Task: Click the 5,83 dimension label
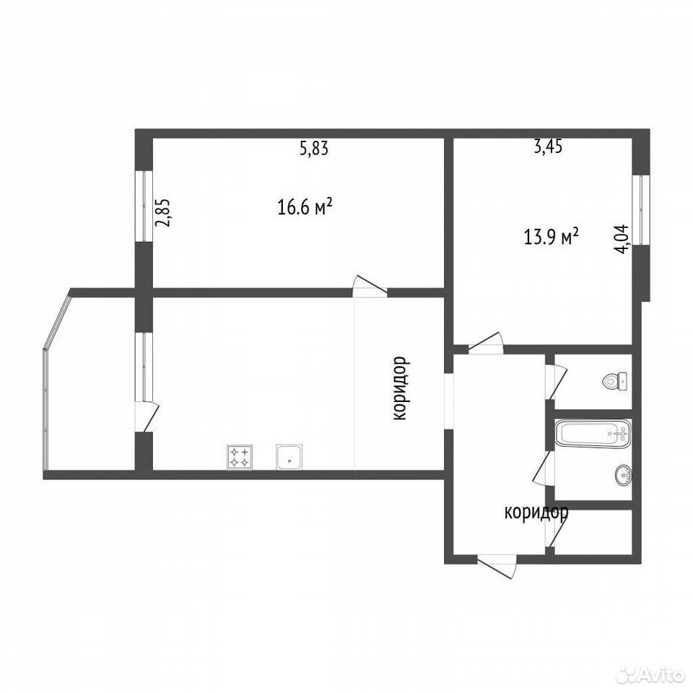click(314, 149)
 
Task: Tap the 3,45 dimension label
click(548, 147)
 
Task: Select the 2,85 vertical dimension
click(162, 213)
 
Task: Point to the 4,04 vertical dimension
click(622, 239)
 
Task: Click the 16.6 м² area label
click(305, 206)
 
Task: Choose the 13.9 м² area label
click(551, 237)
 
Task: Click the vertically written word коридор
click(401, 388)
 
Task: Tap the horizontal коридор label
click(536, 513)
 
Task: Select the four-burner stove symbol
click(240, 457)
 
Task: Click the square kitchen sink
click(289, 457)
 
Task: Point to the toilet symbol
click(615, 381)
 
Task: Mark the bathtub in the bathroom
click(593, 434)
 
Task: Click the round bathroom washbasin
click(623, 475)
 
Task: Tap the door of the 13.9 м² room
click(485, 343)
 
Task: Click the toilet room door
click(556, 383)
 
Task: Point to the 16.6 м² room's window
click(144, 206)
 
